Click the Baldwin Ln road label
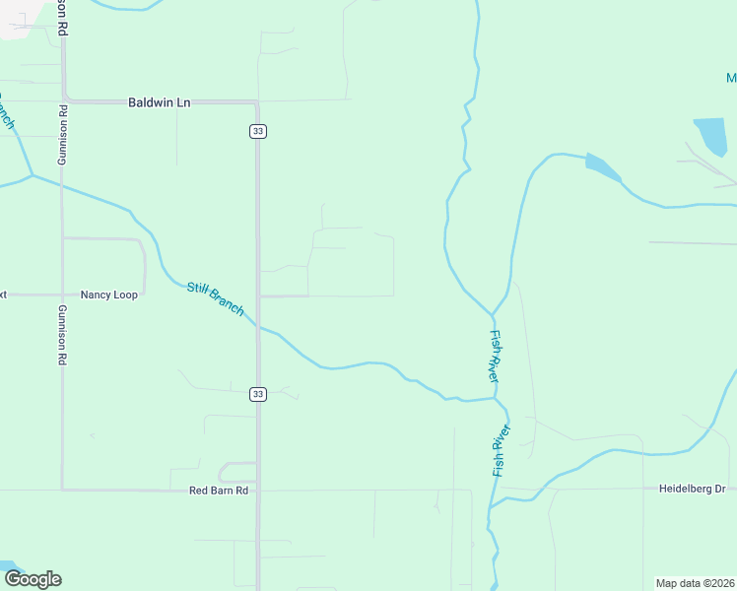[159, 102]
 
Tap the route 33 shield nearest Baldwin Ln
[257, 131]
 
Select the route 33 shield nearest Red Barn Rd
[257, 394]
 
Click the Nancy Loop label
[109, 295]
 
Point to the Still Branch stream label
[215, 299]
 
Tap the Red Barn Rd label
[219, 491]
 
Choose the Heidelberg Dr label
[692, 489]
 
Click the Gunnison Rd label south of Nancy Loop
[61, 335]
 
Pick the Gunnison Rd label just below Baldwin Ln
[61, 137]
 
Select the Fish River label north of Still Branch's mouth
[494, 356]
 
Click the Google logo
[33, 579]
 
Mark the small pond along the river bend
[602, 166]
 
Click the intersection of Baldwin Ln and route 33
[257, 102]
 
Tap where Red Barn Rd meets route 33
[258, 490]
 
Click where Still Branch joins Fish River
[495, 399]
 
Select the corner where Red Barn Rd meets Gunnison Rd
[62, 489]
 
